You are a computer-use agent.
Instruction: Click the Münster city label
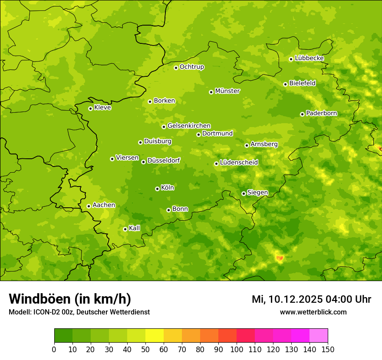(227, 91)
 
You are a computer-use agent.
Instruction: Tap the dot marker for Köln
(157, 189)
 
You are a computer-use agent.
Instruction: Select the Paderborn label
(322, 113)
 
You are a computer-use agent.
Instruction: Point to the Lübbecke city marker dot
(291, 59)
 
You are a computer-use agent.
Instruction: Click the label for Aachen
(104, 205)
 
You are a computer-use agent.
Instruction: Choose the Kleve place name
(102, 108)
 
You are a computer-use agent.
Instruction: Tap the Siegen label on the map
(257, 193)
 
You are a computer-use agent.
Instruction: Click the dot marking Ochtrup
(176, 68)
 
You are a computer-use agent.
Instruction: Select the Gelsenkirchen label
(189, 126)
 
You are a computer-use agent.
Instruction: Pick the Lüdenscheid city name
(239, 163)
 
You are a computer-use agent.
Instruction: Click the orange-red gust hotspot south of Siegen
(280, 258)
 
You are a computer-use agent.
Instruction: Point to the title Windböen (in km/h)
(70, 299)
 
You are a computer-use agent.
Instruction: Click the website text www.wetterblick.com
(313, 312)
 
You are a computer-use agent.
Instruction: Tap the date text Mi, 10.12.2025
(286, 299)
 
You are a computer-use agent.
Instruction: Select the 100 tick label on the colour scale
(236, 350)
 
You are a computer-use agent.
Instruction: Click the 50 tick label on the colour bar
(145, 350)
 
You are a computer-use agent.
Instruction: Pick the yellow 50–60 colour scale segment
(155, 336)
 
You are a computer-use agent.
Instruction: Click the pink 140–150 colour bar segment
(319, 336)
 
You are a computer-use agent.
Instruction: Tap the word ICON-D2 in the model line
(45, 312)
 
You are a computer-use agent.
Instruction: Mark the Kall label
(135, 228)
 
